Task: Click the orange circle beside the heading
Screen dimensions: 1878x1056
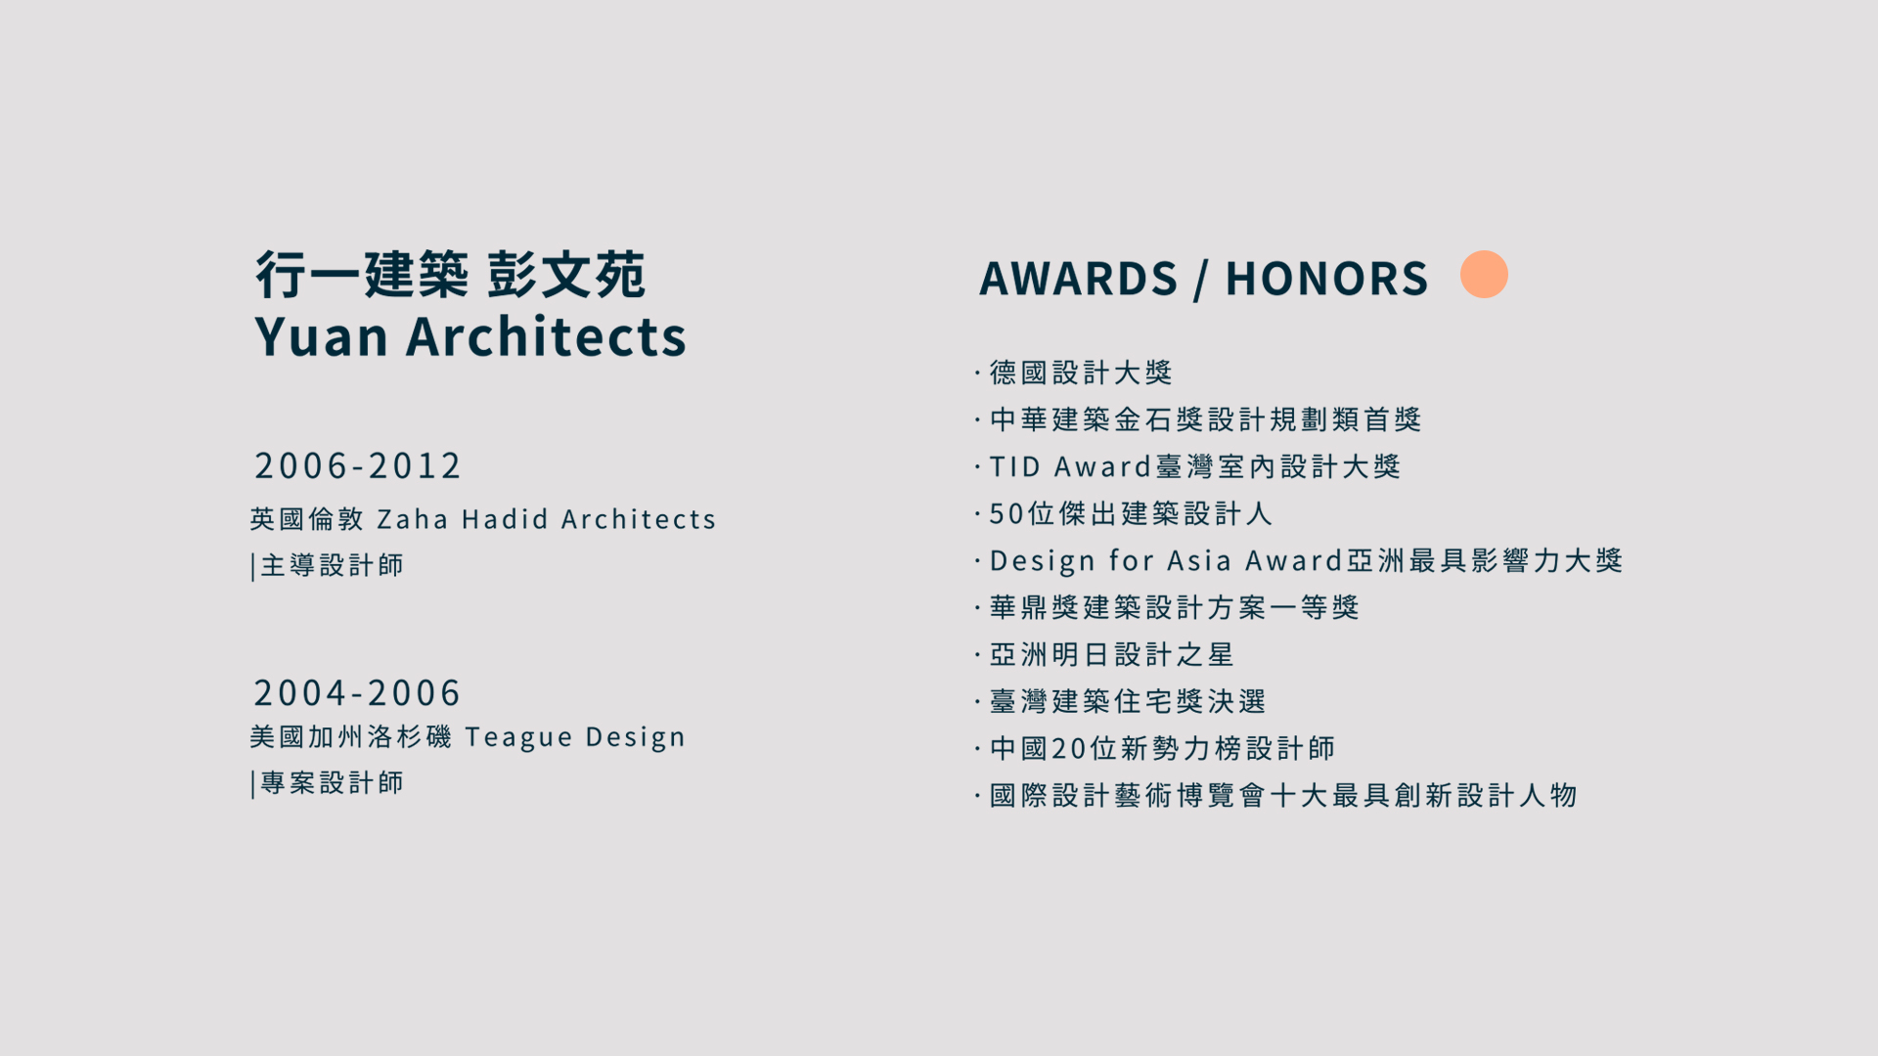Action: [1484, 274]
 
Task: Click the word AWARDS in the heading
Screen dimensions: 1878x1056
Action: [1079, 279]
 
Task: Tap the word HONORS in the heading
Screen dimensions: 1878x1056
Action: [1326, 279]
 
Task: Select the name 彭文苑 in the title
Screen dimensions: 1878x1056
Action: [566, 274]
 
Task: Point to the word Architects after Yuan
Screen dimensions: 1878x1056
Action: [546, 336]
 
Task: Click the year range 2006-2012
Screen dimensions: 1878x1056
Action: [357, 465]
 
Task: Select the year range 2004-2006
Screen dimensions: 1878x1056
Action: [357, 692]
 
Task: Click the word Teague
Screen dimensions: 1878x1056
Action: [518, 737]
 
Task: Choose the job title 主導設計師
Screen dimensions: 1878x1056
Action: [332, 565]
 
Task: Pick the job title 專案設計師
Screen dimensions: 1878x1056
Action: [332, 783]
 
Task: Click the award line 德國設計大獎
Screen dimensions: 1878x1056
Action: [1081, 373]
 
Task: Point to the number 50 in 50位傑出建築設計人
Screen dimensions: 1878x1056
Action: [1006, 513]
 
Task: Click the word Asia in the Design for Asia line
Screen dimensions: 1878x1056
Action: [1199, 560]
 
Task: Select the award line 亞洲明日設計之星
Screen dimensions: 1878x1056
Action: [1112, 654]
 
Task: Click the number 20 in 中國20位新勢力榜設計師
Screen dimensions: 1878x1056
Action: [1068, 748]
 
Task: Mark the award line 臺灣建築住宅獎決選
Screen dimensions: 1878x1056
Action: [1128, 701]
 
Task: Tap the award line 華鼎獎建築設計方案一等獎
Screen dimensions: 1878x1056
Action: [1175, 607]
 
